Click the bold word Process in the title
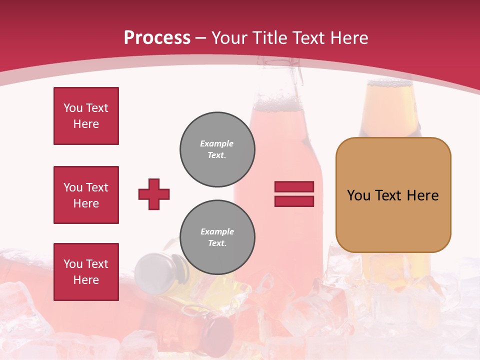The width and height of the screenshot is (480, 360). coord(157,38)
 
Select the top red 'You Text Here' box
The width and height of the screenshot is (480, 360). coord(86,116)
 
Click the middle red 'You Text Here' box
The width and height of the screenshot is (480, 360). coord(86,195)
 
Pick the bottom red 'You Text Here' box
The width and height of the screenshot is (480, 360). coord(86,271)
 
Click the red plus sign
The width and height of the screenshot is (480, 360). coord(154,194)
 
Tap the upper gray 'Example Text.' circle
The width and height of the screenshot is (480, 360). coord(217,149)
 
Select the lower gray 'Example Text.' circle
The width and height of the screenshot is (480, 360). coord(217,237)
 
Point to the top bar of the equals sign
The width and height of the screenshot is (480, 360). coord(294,186)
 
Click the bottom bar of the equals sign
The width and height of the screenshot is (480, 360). coord(294,201)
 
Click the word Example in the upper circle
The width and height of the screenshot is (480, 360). coord(217,144)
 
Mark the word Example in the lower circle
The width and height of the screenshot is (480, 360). coord(217,232)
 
